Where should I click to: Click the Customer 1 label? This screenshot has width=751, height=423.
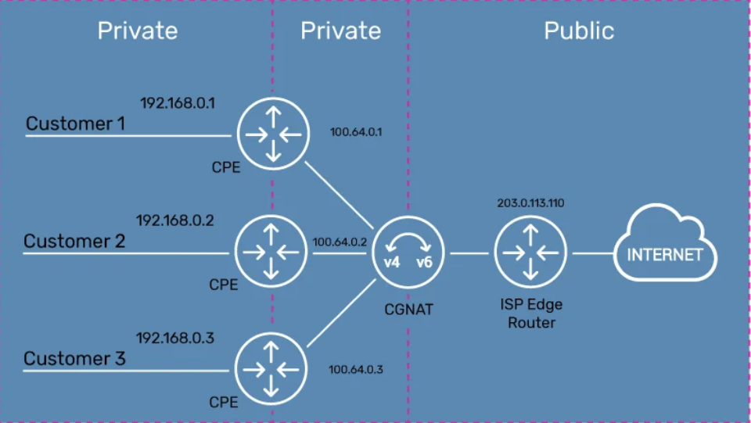tap(75, 124)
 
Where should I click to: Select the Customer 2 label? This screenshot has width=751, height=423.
tap(74, 241)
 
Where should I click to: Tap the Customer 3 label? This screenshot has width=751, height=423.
tap(74, 358)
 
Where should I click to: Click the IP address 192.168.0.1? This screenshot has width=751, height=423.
tap(178, 103)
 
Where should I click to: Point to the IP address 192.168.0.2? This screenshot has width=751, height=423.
tap(174, 220)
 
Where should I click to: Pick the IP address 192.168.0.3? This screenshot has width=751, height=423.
tap(174, 338)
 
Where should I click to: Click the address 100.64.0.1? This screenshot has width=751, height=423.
tap(356, 132)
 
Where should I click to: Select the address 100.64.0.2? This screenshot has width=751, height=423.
tap(340, 242)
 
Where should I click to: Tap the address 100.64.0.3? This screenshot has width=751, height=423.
tap(355, 369)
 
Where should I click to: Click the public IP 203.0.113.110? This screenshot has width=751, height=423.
tap(530, 203)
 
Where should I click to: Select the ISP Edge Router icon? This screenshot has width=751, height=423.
tap(530, 253)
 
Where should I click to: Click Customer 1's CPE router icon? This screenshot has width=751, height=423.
tap(273, 134)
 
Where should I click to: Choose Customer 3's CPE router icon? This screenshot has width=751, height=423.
tap(271, 369)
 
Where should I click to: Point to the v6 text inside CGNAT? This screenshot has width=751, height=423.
tap(424, 262)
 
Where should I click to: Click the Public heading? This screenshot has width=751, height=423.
tap(579, 30)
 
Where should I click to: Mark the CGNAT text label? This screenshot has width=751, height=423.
tap(408, 309)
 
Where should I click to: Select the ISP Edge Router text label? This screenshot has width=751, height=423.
tap(531, 314)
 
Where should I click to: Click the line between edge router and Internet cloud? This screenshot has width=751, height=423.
tap(593, 253)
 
